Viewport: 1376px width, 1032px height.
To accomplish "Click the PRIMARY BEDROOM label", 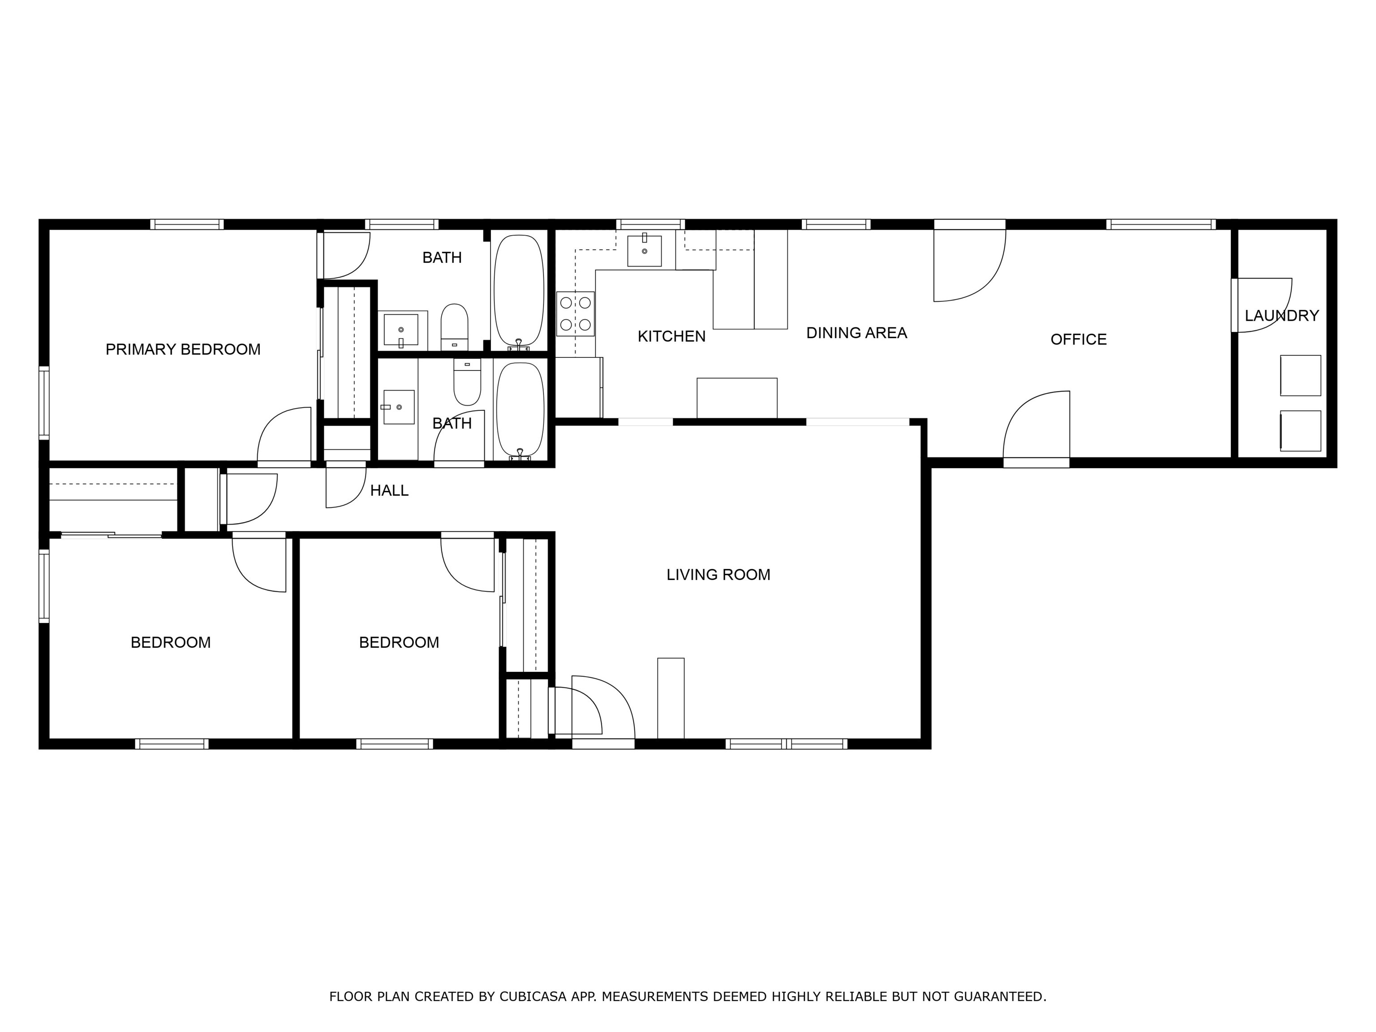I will [x=183, y=349].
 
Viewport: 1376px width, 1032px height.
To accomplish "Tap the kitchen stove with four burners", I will [x=576, y=314].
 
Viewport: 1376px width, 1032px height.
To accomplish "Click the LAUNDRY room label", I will [x=1281, y=316].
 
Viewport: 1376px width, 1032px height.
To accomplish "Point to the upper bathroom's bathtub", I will [x=519, y=289].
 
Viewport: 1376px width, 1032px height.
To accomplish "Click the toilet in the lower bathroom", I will [x=467, y=384].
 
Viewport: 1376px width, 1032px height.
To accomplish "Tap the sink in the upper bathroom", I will [x=401, y=330].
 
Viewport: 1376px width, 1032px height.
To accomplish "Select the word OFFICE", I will [x=1078, y=340].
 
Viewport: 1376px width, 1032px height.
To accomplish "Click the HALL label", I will [x=389, y=491].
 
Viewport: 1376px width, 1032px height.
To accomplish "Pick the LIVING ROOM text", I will [x=718, y=575].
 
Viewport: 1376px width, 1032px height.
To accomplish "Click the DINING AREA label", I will [x=856, y=333].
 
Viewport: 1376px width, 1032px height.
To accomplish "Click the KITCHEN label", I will [x=671, y=336].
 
